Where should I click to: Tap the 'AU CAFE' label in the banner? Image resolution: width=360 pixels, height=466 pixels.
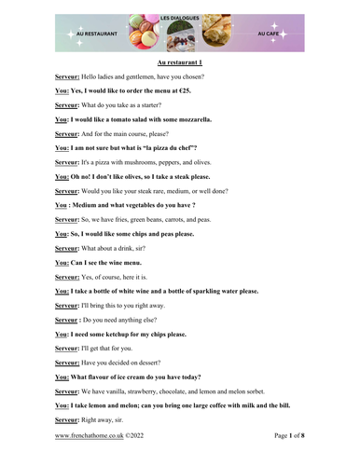pos(269,32)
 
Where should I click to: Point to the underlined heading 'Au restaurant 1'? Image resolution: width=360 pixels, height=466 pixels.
pos(180,62)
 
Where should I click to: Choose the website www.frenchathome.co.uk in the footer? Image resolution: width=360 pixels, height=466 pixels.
pos(89,435)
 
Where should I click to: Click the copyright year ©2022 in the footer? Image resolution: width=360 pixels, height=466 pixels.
pos(133,435)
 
